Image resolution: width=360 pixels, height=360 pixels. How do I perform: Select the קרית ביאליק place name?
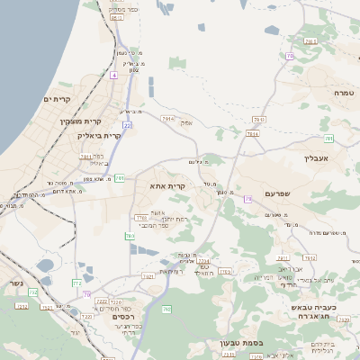99,135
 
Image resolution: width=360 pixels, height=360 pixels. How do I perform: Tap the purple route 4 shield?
114,76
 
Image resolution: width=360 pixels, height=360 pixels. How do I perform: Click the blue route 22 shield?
127,125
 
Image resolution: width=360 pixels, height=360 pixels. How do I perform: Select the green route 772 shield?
76,283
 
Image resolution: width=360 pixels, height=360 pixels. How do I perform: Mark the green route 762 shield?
130,236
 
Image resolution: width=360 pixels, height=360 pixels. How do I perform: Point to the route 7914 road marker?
167,118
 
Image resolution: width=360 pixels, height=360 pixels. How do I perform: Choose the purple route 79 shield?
290,56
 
